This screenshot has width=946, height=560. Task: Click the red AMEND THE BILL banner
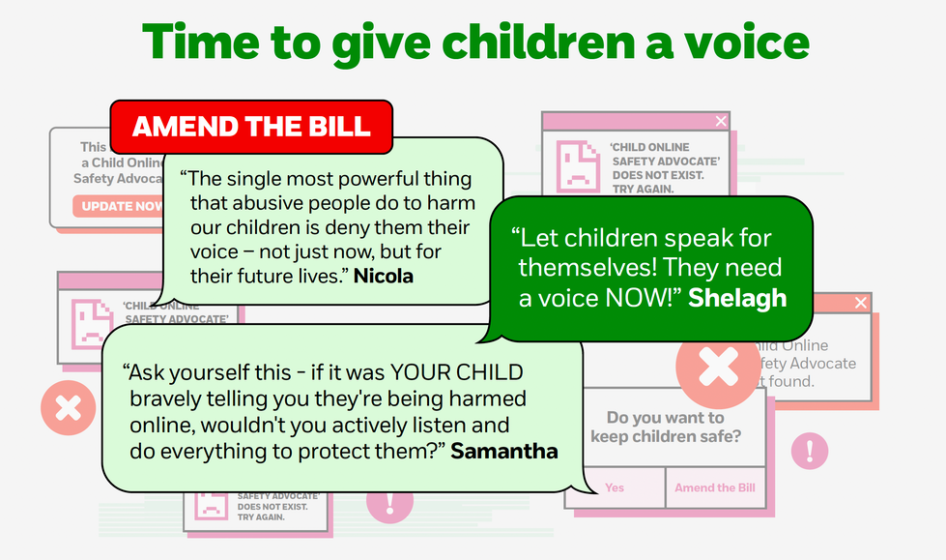point(251,127)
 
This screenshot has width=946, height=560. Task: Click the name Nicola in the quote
point(383,276)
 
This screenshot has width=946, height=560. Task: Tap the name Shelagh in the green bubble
point(737,298)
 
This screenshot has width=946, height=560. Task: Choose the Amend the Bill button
point(715,487)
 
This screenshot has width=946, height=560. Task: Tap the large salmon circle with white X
point(717,367)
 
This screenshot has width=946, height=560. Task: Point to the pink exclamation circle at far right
point(809,451)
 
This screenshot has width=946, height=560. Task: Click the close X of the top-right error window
point(720,121)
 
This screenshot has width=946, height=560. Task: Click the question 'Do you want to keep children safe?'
point(665,427)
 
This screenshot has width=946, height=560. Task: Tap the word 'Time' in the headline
point(196,43)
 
